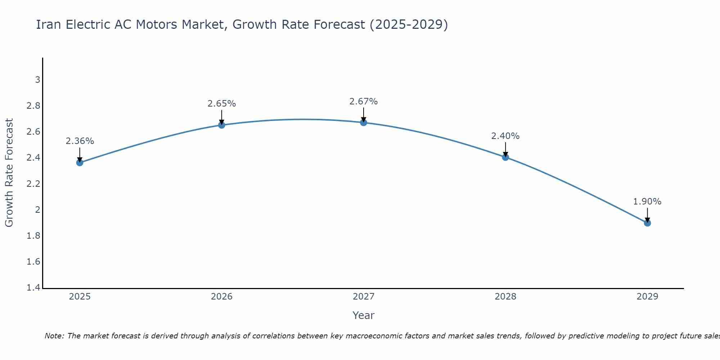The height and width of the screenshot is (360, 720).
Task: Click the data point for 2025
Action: pos(80,163)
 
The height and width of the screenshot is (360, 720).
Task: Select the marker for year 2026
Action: pos(222,125)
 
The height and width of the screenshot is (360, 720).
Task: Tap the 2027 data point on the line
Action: pos(364,122)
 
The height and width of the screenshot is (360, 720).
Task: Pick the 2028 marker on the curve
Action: pos(505,157)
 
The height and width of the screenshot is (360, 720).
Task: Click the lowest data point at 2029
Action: pos(647,223)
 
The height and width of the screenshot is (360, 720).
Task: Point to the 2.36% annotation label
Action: pos(80,141)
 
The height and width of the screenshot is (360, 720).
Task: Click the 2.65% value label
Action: pos(222,104)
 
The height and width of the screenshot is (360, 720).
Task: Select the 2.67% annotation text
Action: pos(364,102)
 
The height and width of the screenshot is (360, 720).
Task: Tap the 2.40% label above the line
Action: pos(505,136)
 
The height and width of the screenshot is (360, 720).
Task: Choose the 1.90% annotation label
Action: pos(647,202)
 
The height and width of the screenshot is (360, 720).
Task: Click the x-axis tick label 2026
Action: pos(222,297)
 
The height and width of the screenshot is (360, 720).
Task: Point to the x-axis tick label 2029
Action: pos(647,297)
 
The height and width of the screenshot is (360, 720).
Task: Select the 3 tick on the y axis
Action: pos(37,80)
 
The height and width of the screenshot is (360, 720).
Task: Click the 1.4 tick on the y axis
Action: pos(33,288)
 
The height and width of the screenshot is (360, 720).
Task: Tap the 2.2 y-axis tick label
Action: pos(33,184)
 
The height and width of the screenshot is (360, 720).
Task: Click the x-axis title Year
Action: pos(364,315)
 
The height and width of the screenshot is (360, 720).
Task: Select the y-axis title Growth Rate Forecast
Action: pos(9,173)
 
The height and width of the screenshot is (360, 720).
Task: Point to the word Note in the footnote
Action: pos(54,336)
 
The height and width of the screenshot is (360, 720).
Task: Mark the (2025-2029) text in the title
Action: pos(409,24)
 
